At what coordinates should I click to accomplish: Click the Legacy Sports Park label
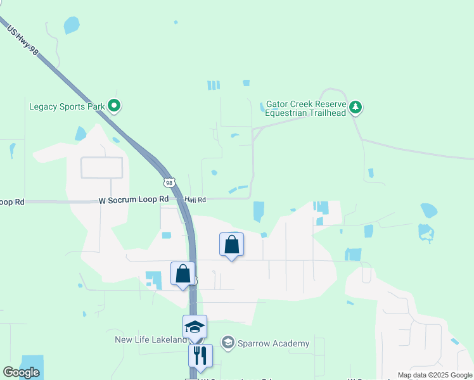[x=67, y=106]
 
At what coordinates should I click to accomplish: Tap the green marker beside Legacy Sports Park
[x=114, y=106]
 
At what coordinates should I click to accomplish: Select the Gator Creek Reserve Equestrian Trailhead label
[x=305, y=108]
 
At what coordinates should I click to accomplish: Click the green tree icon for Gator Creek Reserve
[x=357, y=107]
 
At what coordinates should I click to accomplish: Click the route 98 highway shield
[x=169, y=182]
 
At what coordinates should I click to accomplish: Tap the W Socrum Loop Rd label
[x=134, y=199]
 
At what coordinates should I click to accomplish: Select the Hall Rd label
[x=195, y=200]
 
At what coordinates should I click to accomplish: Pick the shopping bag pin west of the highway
[x=183, y=275]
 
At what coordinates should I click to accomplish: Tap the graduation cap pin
[x=195, y=327]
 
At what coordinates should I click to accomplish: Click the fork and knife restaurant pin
[x=200, y=357]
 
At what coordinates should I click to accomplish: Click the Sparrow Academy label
[x=274, y=343]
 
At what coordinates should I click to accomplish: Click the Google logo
[x=21, y=372]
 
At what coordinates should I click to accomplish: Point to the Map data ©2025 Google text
[x=434, y=375]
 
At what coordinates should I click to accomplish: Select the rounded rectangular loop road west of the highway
[x=101, y=167]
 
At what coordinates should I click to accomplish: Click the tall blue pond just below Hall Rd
[x=259, y=211]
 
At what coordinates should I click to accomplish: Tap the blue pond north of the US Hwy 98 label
[x=72, y=25]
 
